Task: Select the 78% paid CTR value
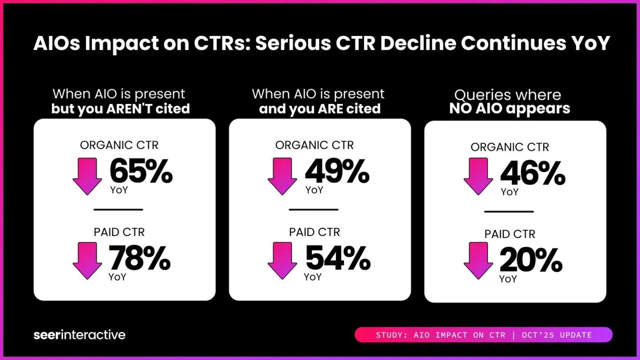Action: pos(140,258)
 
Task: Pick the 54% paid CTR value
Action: pos(338,258)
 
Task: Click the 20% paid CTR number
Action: pos(531,260)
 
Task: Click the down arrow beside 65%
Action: pos(87,176)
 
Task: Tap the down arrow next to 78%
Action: pos(87,261)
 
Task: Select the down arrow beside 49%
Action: pos(282,176)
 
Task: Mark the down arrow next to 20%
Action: pos(478,261)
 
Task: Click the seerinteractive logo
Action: pos(80,335)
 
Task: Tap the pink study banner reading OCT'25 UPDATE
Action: pos(484,335)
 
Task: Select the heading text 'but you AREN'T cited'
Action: pos(120,109)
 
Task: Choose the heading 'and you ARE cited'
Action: pos(320,109)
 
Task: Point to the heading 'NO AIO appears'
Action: pos(509,109)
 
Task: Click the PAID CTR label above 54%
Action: pos(314,232)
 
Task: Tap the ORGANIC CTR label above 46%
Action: pos(510,147)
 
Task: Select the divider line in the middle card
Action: pos(313,209)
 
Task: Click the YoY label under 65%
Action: pos(118,190)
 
